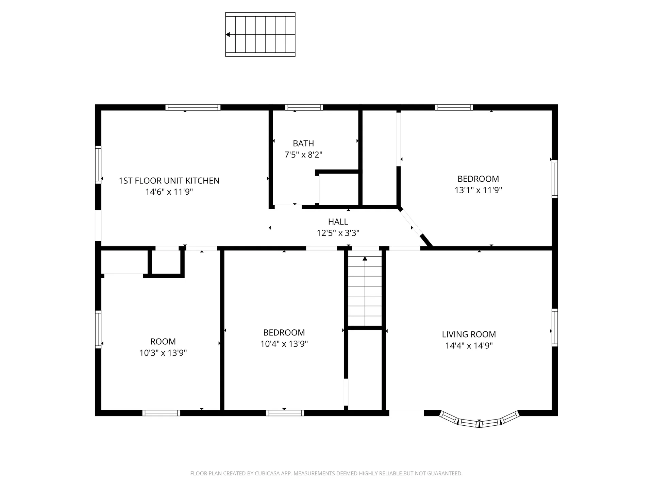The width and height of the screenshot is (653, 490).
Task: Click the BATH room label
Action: point(303,144)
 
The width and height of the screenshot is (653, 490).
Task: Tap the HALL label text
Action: point(338,222)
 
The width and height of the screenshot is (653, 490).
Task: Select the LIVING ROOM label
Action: point(469,334)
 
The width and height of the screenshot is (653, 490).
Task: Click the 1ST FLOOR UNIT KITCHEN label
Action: point(169,181)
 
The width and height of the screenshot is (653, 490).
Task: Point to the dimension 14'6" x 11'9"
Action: point(169,192)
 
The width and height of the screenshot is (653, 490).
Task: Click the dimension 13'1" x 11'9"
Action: point(478,190)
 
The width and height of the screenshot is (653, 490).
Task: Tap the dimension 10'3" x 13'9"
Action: point(163,353)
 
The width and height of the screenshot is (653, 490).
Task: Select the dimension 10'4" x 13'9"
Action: point(284,344)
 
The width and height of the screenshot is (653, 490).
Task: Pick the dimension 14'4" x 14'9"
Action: point(469,346)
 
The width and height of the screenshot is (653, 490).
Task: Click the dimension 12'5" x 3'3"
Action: point(338,233)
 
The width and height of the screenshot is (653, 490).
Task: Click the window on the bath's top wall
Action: point(304,108)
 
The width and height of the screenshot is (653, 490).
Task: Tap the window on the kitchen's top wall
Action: point(193,108)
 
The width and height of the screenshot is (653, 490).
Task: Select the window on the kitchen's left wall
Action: point(98,165)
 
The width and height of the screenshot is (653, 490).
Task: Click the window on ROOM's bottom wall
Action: point(161,413)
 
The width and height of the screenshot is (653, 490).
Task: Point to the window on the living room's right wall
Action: point(555,327)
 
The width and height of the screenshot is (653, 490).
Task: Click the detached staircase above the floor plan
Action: point(260,34)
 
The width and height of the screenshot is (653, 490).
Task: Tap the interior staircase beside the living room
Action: point(365,291)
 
